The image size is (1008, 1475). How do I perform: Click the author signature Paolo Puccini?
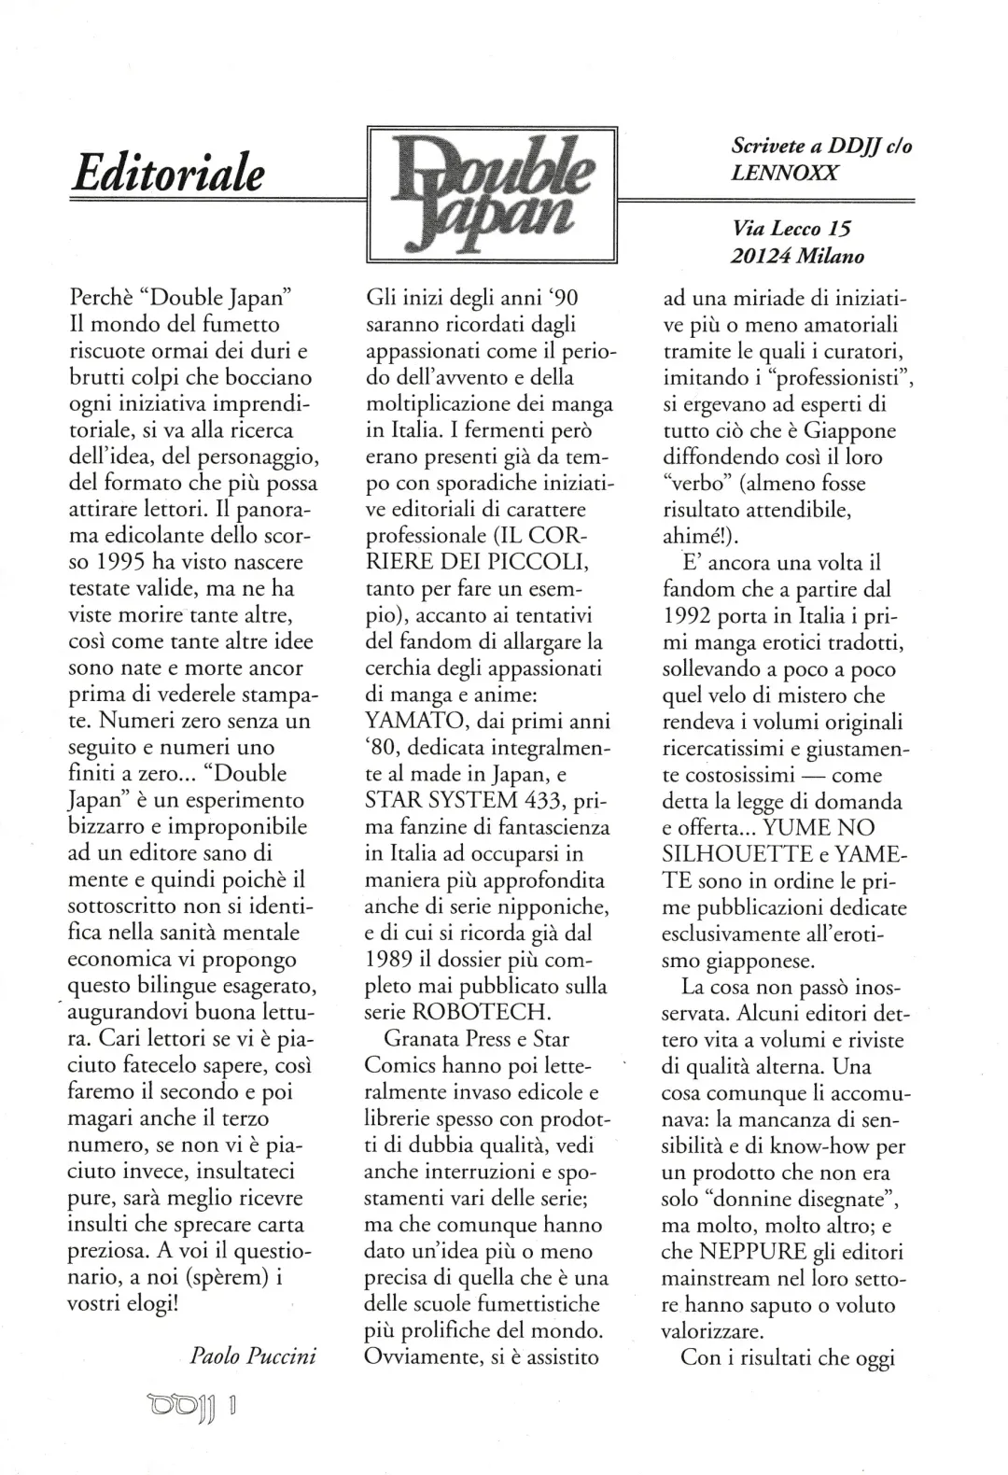click(x=253, y=1356)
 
